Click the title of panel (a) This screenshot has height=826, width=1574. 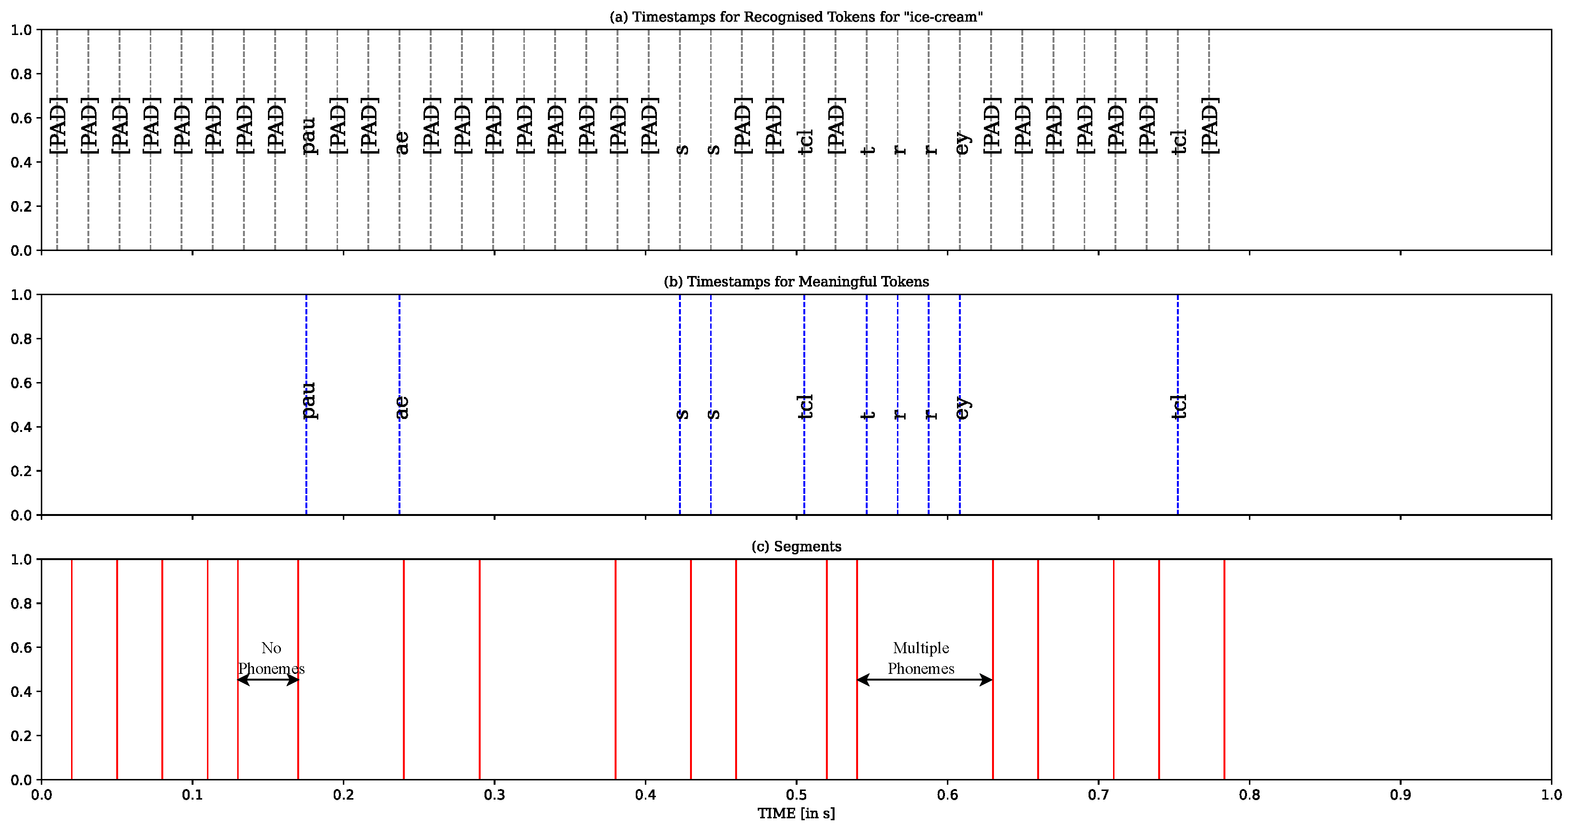coord(796,17)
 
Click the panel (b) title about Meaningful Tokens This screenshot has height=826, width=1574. coord(796,282)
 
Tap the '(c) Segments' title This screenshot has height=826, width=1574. coord(796,546)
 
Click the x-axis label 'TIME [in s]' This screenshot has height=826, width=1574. coord(796,813)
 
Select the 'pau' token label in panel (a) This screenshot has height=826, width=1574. coord(309,136)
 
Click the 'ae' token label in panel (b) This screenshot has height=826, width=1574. coord(401,407)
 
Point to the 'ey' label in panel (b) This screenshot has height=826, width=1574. coord(962,408)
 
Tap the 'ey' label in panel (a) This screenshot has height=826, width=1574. coord(962,144)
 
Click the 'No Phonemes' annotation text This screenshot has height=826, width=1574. coord(271,658)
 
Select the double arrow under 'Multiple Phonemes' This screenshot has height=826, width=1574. coord(924,680)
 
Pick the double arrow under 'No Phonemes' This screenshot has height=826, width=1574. coord(267,680)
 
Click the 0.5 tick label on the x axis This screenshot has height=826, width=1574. coord(796,795)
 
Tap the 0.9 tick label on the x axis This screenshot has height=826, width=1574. coord(1400,795)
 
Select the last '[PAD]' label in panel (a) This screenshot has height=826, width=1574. coord(1209,125)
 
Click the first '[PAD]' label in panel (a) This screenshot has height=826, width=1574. coord(58,125)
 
